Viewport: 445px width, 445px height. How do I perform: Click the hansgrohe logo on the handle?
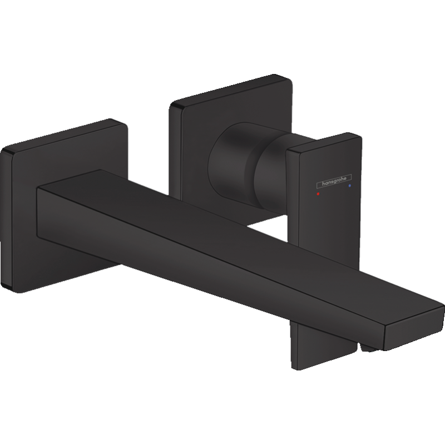click(334, 181)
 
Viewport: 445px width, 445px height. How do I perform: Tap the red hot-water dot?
click(318, 194)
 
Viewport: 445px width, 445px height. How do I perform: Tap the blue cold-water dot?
click(349, 186)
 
